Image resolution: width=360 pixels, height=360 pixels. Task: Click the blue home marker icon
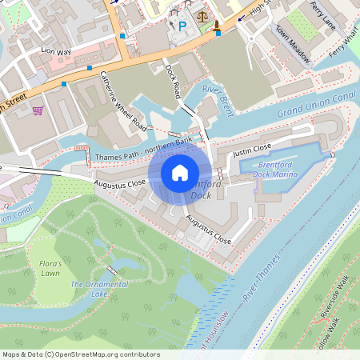180,173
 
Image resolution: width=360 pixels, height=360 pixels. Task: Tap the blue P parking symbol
182,27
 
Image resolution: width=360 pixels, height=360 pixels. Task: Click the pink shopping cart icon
38,110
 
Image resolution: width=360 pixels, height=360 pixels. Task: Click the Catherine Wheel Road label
123,101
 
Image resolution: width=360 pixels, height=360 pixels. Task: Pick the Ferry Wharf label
345,44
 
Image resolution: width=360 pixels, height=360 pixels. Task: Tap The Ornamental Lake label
99,289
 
